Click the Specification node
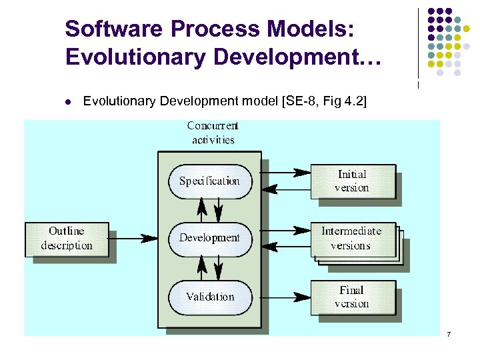pyautogui.click(x=209, y=181)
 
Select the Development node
pyautogui.click(x=209, y=238)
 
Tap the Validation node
pyautogui.click(x=210, y=297)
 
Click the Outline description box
pyautogui.click(x=67, y=239)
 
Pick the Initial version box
pyautogui.click(x=351, y=181)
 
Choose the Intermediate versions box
pyautogui.click(x=351, y=239)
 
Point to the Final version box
pyautogui.click(x=351, y=297)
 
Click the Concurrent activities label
pyautogui.click(x=213, y=133)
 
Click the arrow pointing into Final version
pyautogui.click(x=286, y=297)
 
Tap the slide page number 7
pyautogui.click(x=449, y=333)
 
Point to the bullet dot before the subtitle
pyautogui.click(x=68, y=102)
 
